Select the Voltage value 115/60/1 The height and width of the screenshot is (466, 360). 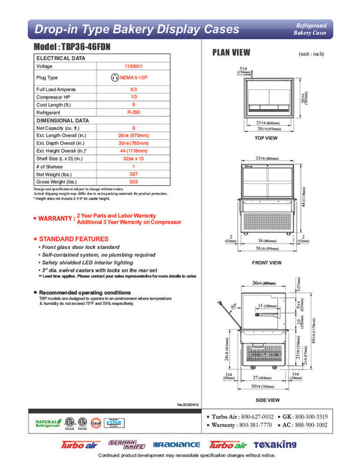134,67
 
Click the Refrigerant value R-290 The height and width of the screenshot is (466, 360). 134,113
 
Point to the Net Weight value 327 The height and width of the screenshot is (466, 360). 134,173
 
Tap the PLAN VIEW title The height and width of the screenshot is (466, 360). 230,53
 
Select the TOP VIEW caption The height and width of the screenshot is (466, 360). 266,138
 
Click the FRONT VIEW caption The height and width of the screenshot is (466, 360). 266,262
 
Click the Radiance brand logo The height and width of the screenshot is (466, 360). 176,444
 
